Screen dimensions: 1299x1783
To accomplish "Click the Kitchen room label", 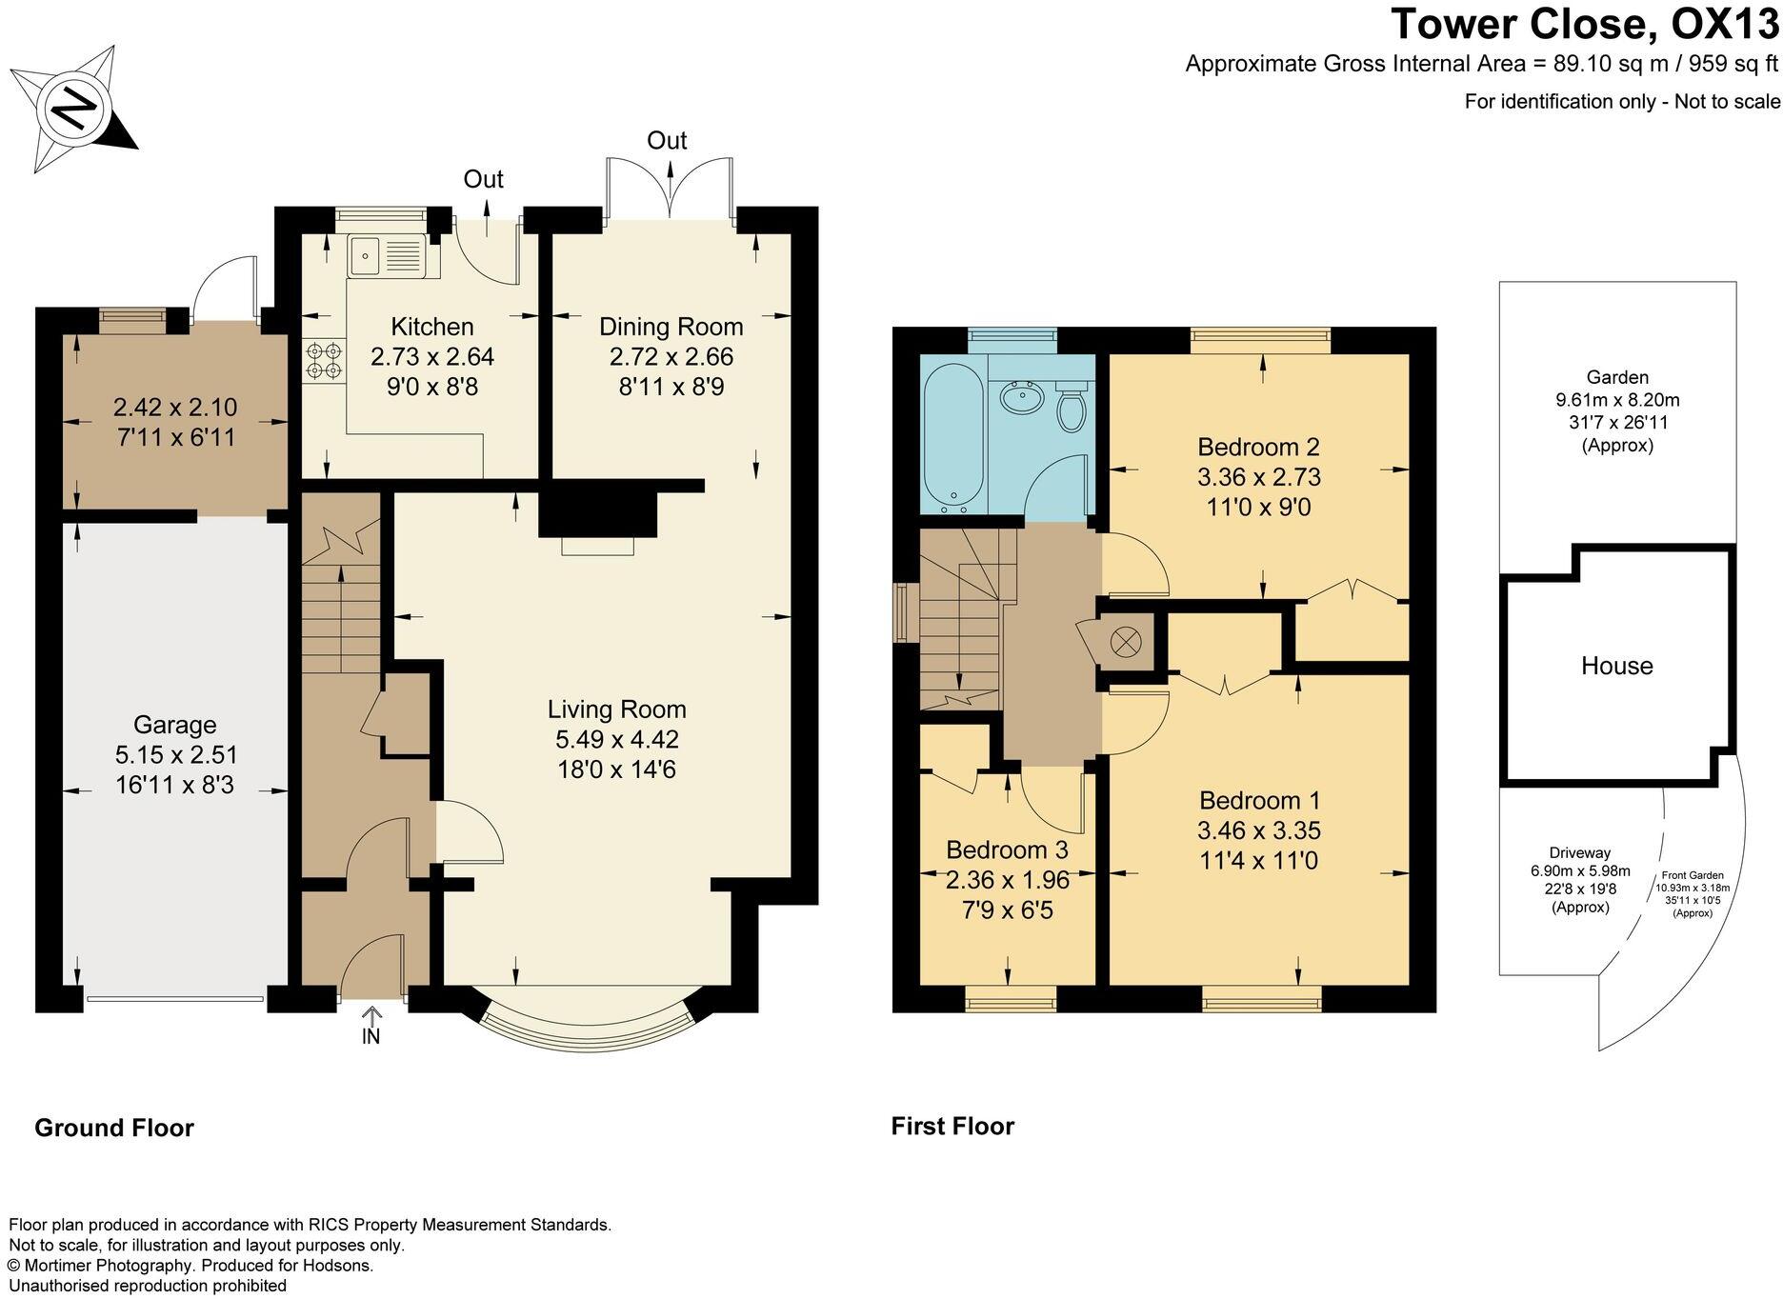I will [x=432, y=327].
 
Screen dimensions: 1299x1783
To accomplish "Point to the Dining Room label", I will [x=671, y=327].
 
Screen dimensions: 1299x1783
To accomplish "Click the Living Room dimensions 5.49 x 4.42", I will [x=616, y=739].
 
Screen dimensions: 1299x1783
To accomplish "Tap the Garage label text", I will [x=174, y=725].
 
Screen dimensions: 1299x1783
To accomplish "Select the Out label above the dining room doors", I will [x=667, y=141].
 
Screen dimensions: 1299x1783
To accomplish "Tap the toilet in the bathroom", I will [x=1072, y=408].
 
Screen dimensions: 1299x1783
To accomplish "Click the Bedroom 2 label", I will [x=1258, y=447].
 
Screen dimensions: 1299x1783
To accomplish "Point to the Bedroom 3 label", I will [x=1007, y=849].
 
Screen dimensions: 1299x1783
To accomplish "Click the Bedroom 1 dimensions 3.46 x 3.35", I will [x=1258, y=830].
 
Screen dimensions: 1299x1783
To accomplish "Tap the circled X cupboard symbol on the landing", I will [x=1126, y=642].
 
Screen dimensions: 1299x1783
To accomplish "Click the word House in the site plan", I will [x=1616, y=666].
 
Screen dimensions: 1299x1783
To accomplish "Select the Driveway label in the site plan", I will [x=1579, y=853].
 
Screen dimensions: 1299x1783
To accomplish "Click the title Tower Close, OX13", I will [x=1584, y=24].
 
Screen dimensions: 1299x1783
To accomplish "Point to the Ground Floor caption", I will [x=114, y=1129].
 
